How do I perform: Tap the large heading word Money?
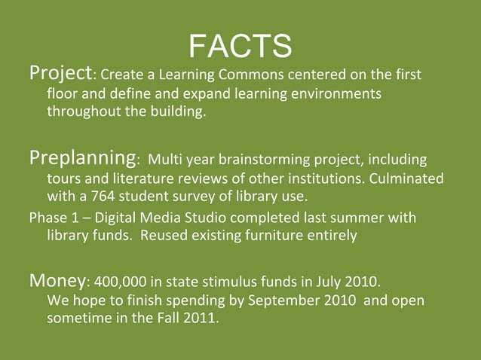click(x=57, y=281)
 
